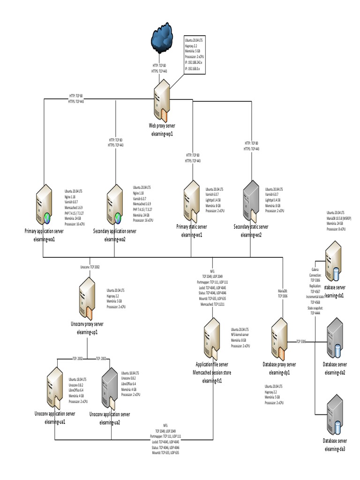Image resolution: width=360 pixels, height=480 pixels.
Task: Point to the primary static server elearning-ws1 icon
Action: point(193,200)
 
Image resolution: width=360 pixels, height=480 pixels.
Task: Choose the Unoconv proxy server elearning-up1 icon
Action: point(88,299)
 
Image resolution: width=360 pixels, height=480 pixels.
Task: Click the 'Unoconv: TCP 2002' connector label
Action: point(90,267)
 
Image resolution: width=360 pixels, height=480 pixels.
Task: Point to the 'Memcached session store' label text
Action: point(212,373)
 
